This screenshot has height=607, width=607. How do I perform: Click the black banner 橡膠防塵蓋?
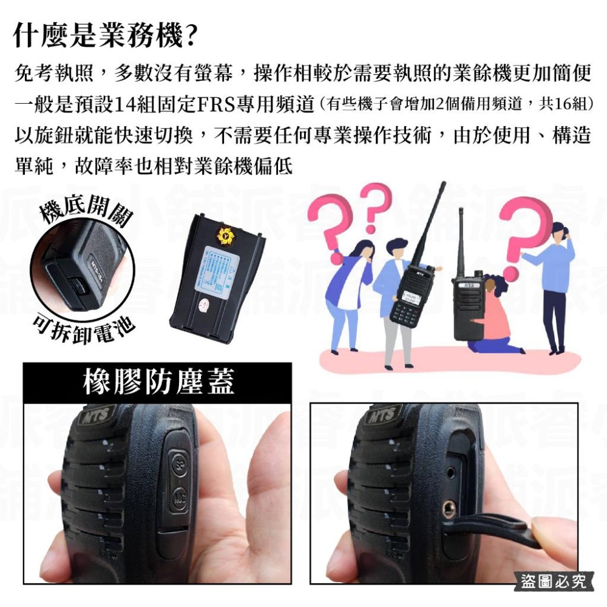tap(157, 382)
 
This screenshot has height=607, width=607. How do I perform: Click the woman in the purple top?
tap(349, 291)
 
